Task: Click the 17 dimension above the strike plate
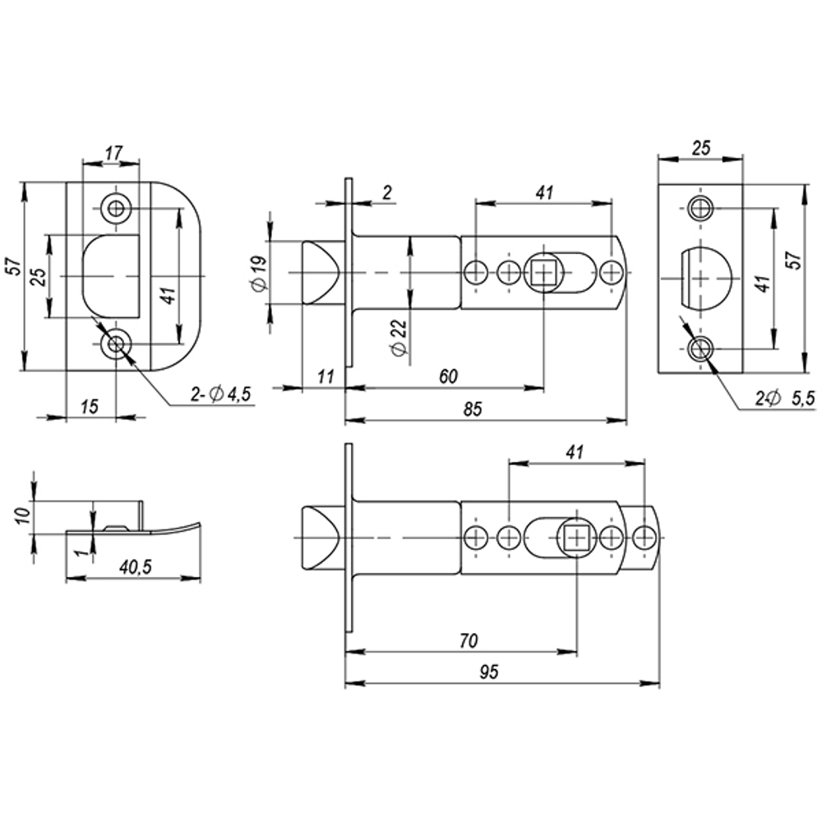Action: point(113,152)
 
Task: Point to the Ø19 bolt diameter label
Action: point(257,272)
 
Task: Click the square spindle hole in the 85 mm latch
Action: point(543,271)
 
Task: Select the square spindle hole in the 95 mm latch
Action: point(576,538)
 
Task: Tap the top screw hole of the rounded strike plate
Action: point(115,207)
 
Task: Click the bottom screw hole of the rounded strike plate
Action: point(115,345)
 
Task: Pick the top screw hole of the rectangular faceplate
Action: point(700,207)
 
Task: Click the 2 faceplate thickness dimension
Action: point(387,192)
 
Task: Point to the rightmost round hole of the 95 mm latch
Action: point(644,538)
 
